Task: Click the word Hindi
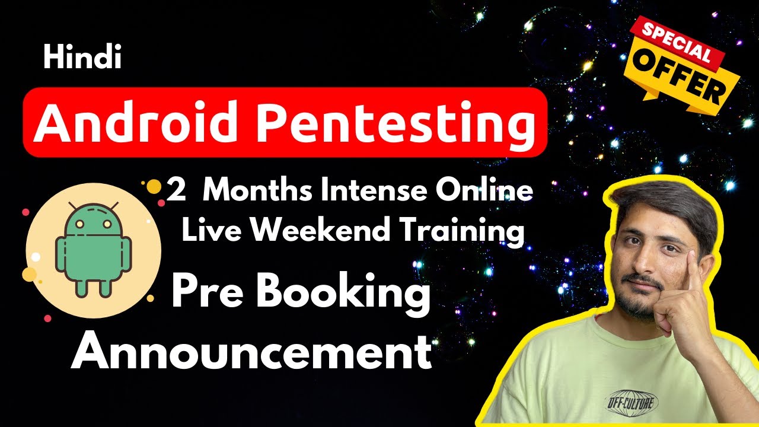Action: (x=82, y=57)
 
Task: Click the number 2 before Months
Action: (x=176, y=190)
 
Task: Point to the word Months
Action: (x=257, y=190)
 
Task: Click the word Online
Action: (x=484, y=190)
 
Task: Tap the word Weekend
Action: (x=320, y=230)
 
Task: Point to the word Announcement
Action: (x=251, y=352)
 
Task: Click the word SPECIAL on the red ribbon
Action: (x=677, y=42)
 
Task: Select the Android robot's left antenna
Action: (x=72, y=206)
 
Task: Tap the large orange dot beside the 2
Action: (x=154, y=187)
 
